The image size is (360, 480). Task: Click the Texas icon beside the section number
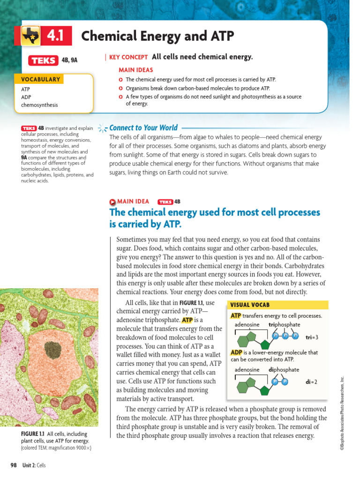(31, 36)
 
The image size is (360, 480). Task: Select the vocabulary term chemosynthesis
(39, 105)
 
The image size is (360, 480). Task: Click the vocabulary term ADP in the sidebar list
(26, 97)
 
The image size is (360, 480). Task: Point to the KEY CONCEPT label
(128, 57)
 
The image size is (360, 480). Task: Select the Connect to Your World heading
(143, 127)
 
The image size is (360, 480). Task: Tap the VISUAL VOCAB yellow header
(250, 305)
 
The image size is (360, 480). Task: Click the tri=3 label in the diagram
(312, 337)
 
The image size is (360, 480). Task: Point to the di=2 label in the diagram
(311, 382)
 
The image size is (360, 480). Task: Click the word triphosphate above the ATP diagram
(285, 324)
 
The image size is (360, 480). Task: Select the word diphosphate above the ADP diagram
(284, 369)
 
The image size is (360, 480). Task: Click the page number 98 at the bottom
(14, 465)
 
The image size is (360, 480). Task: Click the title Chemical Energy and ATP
(157, 36)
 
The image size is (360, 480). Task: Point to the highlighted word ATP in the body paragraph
(187, 320)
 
